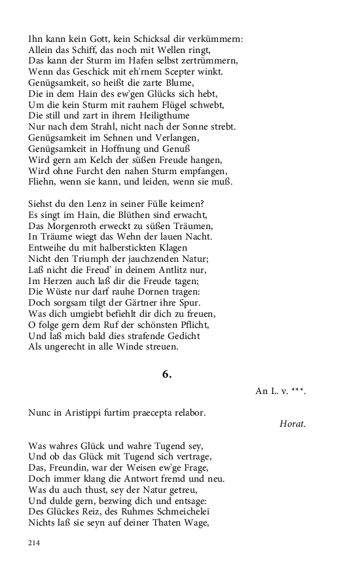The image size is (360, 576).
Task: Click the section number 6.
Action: click(x=167, y=374)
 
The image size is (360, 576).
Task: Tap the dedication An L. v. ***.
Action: click(x=280, y=391)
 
